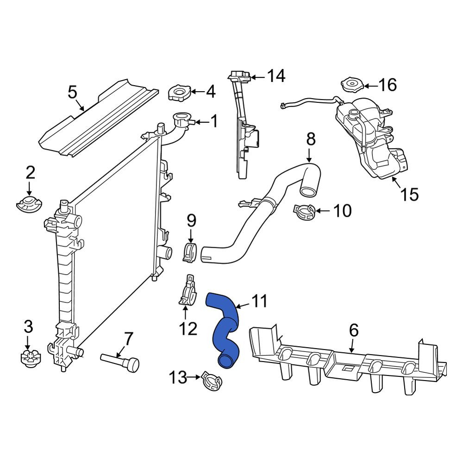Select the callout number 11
tap(259, 301)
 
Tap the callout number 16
tap(388, 85)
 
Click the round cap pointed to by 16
tap(352, 85)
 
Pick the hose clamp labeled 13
tap(212, 381)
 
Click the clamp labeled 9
tap(190, 252)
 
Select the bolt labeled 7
tap(120, 362)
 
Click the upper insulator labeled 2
tap(29, 204)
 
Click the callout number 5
tap(72, 92)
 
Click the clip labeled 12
tap(188, 291)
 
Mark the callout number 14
tap(276, 75)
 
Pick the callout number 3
tap(28, 327)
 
